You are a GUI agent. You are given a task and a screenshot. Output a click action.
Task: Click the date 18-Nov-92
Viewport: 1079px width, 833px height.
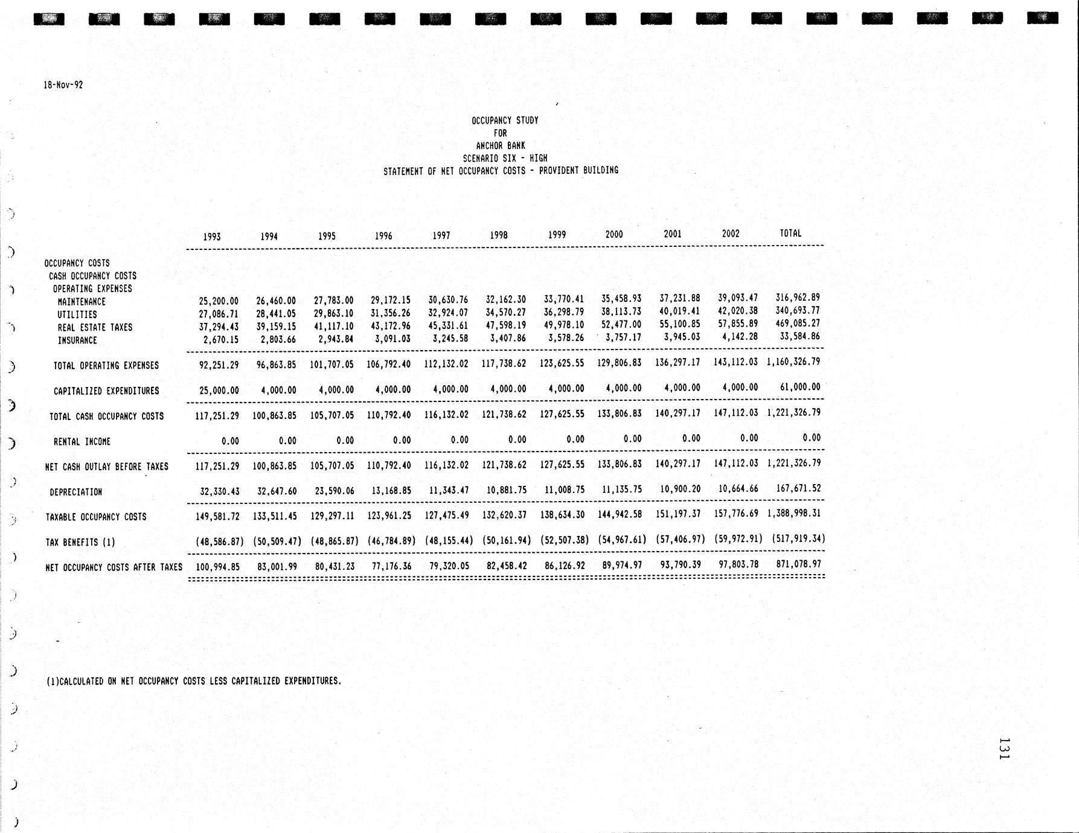coord(63,85)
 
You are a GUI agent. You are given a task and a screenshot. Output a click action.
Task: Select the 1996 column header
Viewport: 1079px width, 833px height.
coord(383,236)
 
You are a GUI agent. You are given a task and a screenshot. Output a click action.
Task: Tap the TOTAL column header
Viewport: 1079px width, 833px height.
coord(790,233)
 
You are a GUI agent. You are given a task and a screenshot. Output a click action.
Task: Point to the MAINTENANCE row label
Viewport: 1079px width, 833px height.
coord(82,302)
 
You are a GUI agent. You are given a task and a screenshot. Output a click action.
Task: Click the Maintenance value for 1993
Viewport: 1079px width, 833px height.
coord(219,301)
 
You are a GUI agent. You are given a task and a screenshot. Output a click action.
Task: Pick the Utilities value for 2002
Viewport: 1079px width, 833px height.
coord(737,311)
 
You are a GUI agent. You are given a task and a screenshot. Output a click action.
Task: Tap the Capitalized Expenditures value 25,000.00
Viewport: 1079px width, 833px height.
coord(219,391)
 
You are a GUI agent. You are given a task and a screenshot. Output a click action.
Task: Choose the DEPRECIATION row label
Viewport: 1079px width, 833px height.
coord(75,492)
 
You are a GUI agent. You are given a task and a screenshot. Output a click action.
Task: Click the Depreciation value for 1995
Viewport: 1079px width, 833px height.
coord(333,491)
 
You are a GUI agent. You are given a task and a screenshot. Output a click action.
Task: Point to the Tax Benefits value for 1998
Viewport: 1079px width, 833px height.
coord(507,540)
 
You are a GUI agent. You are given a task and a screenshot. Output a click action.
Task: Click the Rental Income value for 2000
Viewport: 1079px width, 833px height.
coord(632,439)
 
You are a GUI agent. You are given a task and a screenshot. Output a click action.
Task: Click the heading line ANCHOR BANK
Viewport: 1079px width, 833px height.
coord(501,145)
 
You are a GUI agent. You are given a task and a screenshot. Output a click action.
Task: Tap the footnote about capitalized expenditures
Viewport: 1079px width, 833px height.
coord(194,681)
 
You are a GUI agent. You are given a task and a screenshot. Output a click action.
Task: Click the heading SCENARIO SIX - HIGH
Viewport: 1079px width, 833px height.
coord(505,158)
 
